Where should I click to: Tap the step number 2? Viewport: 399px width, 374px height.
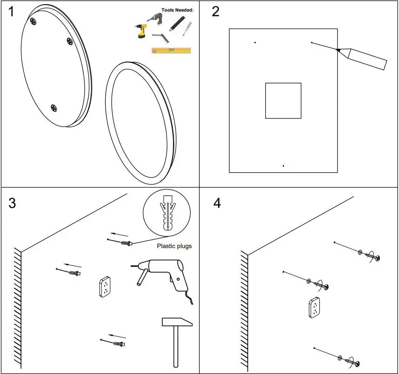coord(216,12)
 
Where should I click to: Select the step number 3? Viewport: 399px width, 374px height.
coord(13,203)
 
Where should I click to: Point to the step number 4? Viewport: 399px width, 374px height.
coord(216,203)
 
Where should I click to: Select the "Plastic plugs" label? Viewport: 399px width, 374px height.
coord(174,246)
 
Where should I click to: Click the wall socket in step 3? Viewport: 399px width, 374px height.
coord(105,287)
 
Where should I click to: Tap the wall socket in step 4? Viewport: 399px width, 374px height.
coord(315,307)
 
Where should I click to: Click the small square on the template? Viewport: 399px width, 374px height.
coord(283,100)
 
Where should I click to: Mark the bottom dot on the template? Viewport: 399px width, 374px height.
coord(284,166)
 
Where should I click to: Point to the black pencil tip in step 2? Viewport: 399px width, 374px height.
coord(338,50)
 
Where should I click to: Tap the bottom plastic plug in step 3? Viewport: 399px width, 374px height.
coord(119,344)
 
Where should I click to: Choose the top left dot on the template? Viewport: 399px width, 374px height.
coord(255,43)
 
